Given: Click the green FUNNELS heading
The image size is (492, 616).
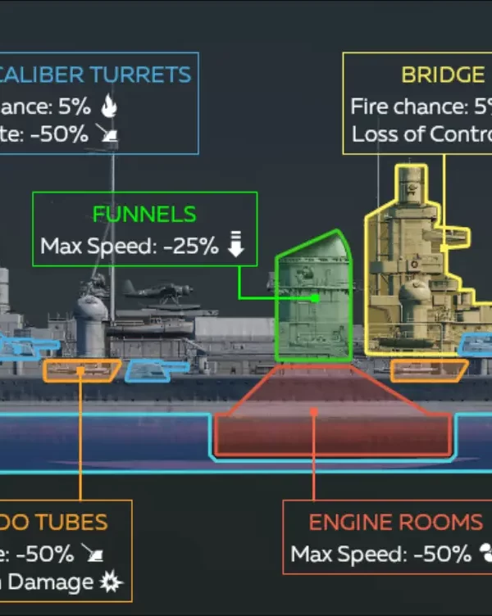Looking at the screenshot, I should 144,215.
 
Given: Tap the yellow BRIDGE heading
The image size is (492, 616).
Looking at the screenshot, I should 443,75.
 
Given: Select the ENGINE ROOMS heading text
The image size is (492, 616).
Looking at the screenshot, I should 395,523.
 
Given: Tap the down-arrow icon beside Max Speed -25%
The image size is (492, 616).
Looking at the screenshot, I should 236,244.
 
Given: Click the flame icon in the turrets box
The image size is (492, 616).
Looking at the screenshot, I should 108,106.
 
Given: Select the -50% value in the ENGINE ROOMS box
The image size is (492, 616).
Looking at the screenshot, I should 443,554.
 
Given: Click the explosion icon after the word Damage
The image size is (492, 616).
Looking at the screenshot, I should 110,582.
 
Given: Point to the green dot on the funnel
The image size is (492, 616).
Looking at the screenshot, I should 315,299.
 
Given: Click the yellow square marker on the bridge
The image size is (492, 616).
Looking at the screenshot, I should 444,247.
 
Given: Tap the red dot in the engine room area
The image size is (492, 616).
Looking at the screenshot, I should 315,413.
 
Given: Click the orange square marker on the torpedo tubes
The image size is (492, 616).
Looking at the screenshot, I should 80,371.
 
